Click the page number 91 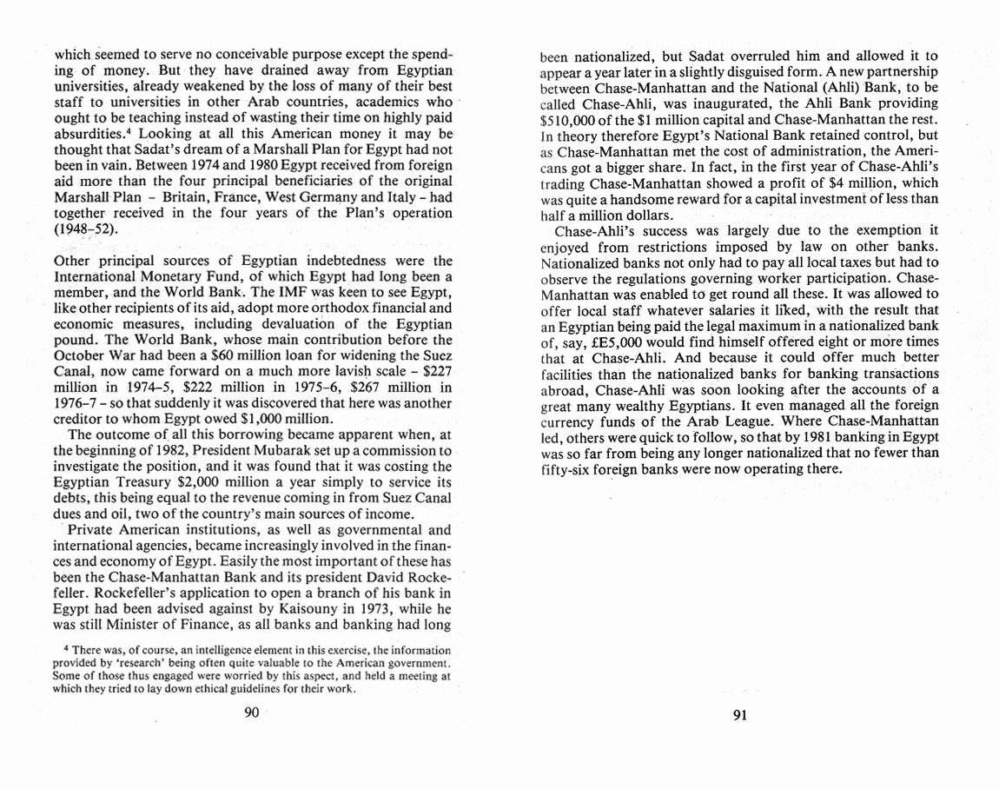[x=740, y=715]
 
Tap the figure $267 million [x=354, y=387]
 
